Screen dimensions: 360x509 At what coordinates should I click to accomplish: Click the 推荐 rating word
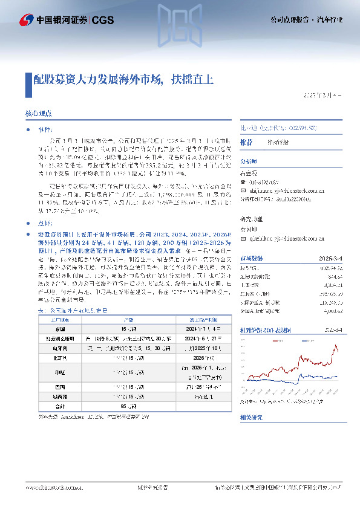pos(246,141)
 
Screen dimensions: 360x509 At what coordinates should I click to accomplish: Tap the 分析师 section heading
pos(249,161)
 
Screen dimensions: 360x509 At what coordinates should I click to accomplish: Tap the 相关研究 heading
pos(252,417)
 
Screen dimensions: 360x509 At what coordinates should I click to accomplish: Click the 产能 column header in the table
pos(128,319)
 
